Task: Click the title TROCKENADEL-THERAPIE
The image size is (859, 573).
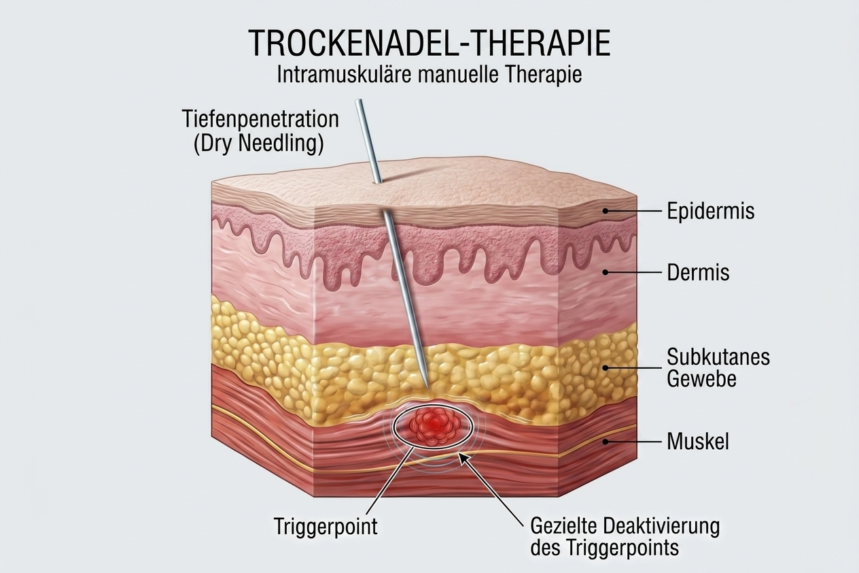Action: point(429,43)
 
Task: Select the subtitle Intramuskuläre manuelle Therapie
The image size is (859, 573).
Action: point(429,73)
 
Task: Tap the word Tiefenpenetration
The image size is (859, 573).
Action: point(260,119)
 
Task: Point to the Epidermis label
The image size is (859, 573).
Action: point(710,211)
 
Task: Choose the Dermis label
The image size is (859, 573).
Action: point(698,273)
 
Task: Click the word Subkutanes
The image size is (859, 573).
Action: point(718,356)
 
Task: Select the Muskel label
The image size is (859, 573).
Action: point(698,441)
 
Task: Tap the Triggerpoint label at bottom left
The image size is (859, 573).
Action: point(326,526)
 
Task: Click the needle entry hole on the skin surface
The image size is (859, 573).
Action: point(378,182)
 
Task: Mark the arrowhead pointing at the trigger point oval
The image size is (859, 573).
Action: point(462,457)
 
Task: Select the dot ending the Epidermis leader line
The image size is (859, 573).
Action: point(605,211)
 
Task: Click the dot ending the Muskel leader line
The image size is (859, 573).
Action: point(605,441)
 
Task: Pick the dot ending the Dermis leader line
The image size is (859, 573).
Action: point(605,273)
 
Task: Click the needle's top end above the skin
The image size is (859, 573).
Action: point(360,102)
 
